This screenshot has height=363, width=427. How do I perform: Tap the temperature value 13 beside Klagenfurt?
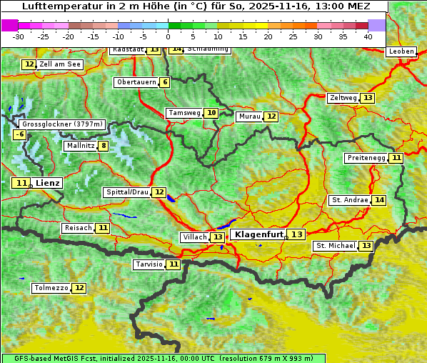pyautogui.click(x=296, y=234)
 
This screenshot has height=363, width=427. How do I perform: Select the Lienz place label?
pyautogui.click(x=48, y=183)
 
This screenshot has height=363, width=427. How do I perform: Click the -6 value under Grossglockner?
pyautogui.click(x=20, y=134)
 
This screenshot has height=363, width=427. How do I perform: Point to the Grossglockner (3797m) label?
pyautogui.click(x=63, y=124)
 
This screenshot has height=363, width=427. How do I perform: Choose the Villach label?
pyautogui.click(x=194, y=237)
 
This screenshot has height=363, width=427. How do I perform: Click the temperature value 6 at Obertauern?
pyautogui.click(x=165, y=82)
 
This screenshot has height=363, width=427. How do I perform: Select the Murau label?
pyautogui.click(x=249, y=116)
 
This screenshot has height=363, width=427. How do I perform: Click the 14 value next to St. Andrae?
pyautogui.click(x=379, y=200)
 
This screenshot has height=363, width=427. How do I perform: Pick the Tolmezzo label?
pyautogui.click(x=51, y=288)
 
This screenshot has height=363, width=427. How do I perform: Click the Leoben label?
pyautogui.click(x=401, y=51)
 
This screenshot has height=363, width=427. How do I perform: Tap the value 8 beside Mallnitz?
pyautogui.click(x=104, y=146)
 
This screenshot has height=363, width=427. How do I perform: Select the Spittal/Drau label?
pyautogui.click(x=127, y=192)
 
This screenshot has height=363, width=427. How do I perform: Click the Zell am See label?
pyautogui.click(x=60, y=64)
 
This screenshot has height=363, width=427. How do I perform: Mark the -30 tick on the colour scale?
pyautogui.click(x=19, y=36)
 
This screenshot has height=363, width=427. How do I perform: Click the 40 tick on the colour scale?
pyautogui.click(x=368, y=36)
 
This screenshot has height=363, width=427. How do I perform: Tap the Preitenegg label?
pyautogui.click(x=366, y=158)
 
